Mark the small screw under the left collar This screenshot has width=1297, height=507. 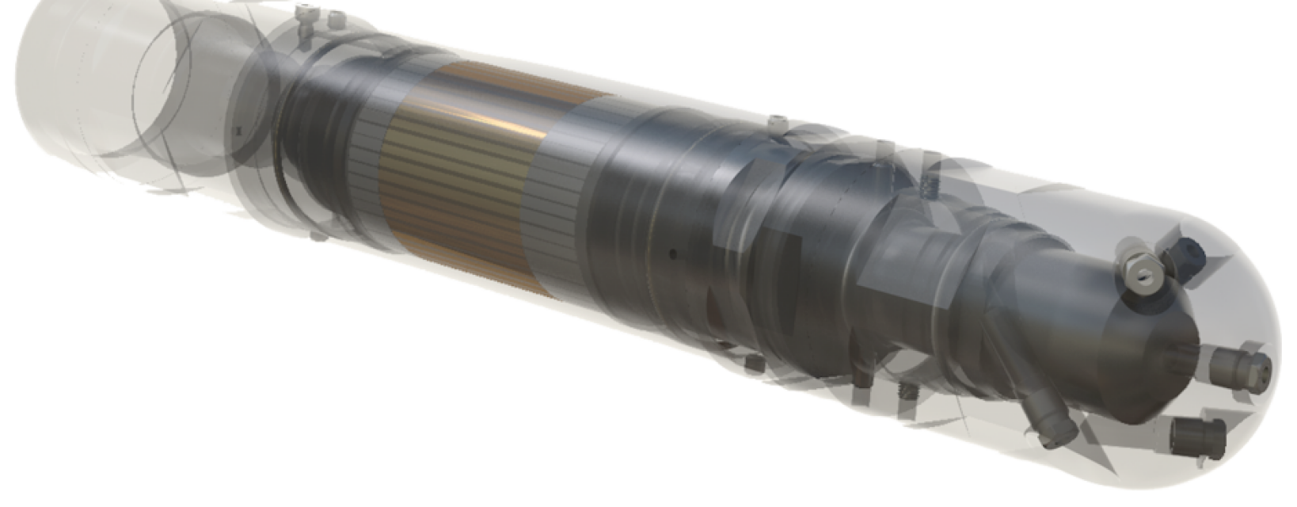tap(318, 235)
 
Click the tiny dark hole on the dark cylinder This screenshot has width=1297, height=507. tap(671, 254)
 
